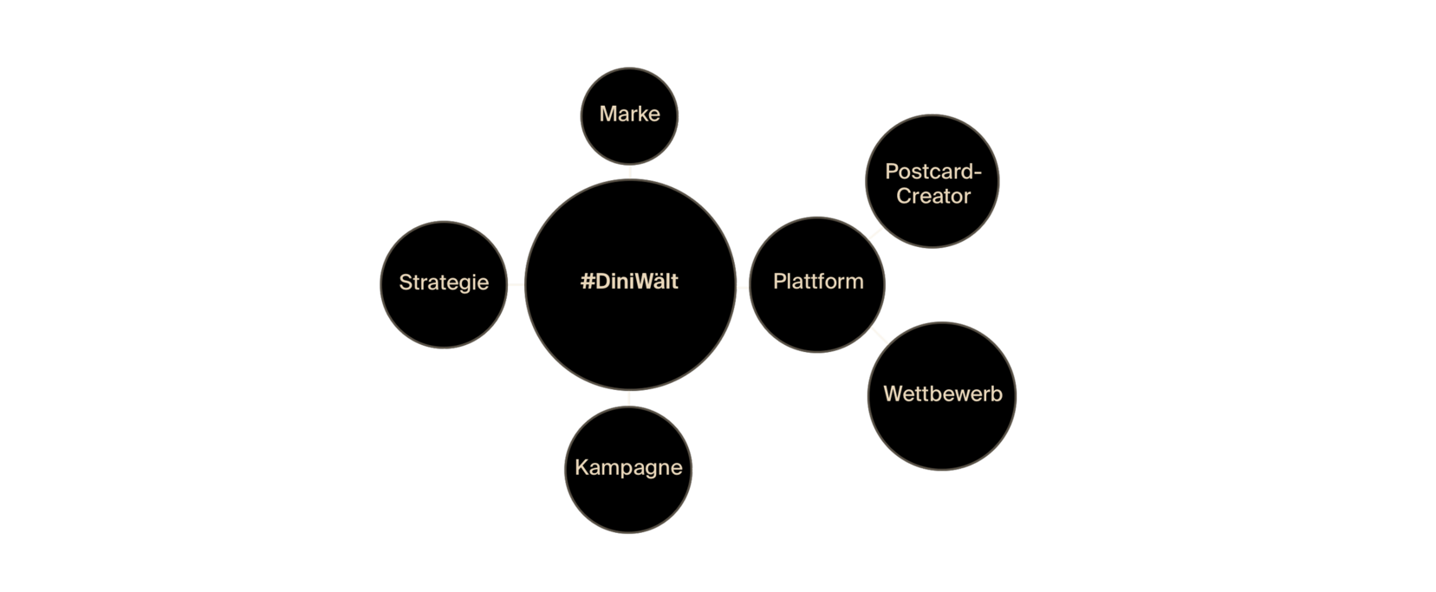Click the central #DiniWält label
point(629,282)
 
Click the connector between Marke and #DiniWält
point(629,171)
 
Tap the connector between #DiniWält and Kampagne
point(629,399)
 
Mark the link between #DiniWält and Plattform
point(743,287)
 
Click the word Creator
point(932,196)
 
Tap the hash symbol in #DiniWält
point(588,282)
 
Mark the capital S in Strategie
point(405,283)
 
